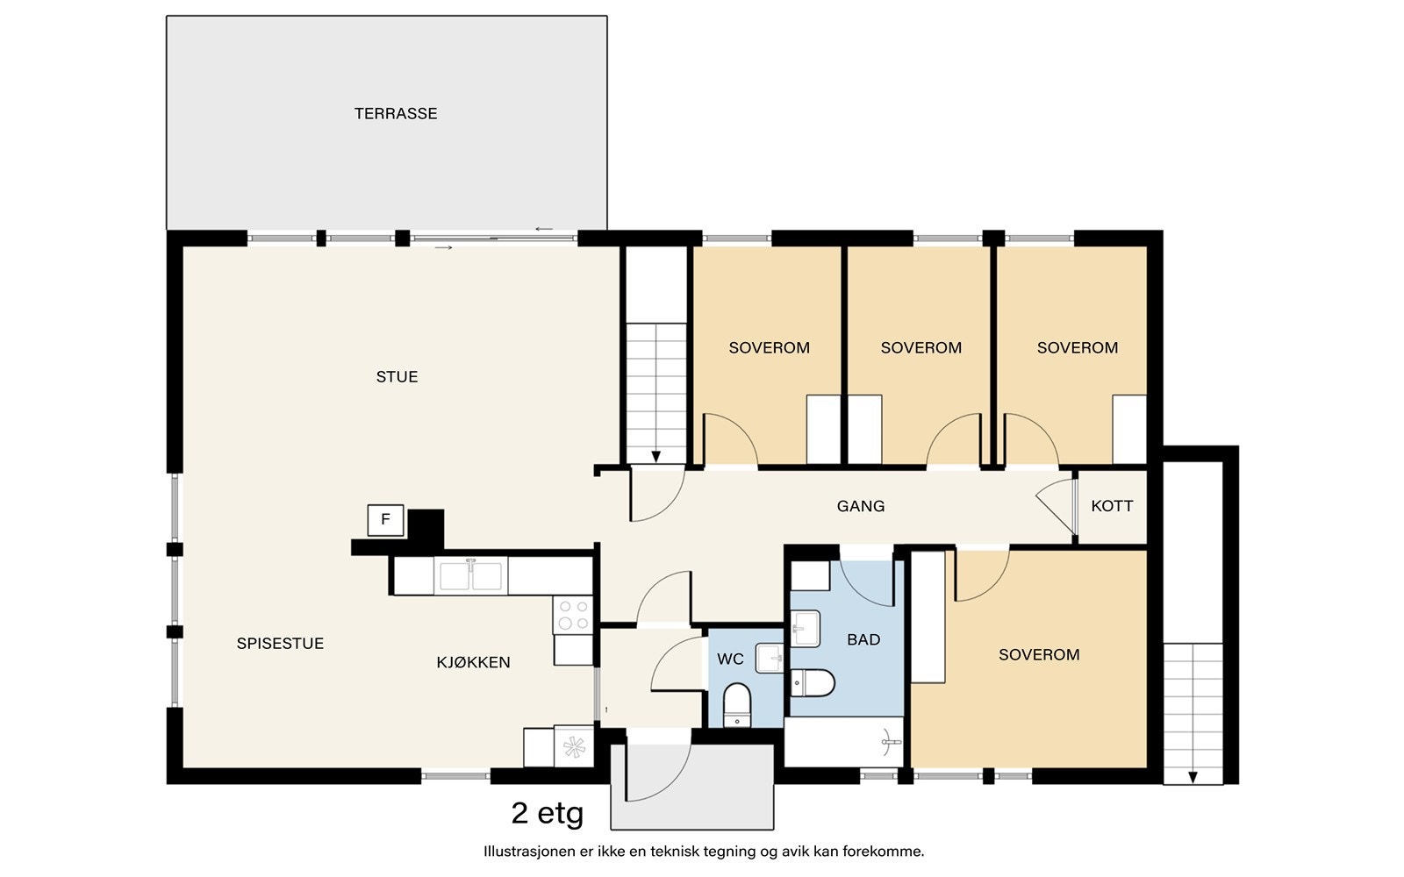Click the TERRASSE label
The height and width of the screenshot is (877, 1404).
396,113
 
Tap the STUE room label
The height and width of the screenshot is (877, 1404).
397,376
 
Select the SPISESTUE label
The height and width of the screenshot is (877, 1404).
280,644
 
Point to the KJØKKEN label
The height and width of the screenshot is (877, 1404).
473,662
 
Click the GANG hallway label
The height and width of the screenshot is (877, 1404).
861,506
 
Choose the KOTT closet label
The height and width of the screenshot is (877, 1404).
1112,506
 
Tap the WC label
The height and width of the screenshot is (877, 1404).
730,659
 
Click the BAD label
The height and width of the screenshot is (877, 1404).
863,639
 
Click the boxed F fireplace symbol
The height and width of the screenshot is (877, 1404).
385,519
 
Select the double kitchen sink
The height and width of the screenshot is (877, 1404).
470,575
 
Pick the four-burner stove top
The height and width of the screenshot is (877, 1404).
573,615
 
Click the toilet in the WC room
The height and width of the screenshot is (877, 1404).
737,705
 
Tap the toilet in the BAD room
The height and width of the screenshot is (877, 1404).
813,683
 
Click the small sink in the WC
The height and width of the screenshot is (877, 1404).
769,659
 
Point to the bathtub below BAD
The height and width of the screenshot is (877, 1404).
843,742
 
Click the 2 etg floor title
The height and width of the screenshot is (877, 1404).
548,814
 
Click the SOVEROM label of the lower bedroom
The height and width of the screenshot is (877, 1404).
1039,654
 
